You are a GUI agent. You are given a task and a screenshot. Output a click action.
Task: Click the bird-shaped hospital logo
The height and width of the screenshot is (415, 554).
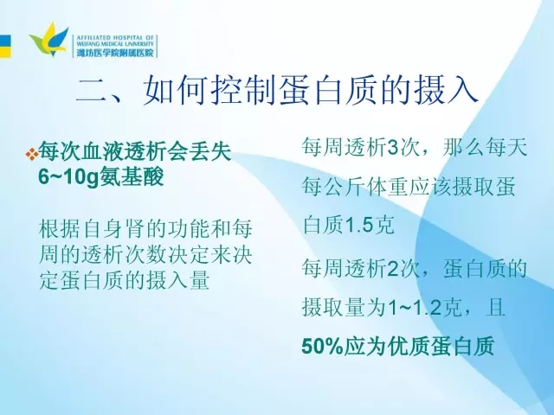coord(48,40)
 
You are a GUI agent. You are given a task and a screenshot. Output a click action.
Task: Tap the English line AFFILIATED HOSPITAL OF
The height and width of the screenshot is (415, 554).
coord(115,37)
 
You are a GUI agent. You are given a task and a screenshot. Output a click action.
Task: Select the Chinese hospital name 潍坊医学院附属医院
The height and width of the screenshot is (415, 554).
coord(115,53)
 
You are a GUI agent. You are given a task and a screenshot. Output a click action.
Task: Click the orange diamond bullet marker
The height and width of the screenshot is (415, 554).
coord(32,153)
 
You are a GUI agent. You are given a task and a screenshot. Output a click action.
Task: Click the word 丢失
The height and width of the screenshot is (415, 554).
coord(210,152)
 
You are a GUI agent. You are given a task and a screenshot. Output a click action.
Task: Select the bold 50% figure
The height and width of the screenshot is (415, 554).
coord(323,346)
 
